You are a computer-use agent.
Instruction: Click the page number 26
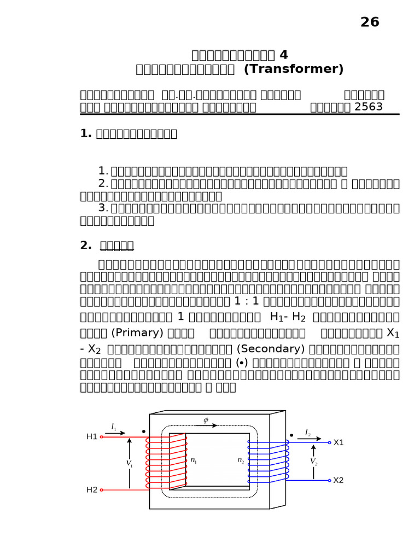[x=370, y=22]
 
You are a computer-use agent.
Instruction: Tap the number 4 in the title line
[x=283, y=55]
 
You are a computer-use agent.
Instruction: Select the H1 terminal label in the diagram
[x=91, y=436]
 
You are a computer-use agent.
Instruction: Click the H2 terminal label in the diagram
[x=91, y=489]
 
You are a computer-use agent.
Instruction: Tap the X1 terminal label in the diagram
[x=339, y=442]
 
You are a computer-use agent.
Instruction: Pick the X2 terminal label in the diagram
[x=339, y=480]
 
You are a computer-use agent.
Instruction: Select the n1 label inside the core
[x=194, y=461]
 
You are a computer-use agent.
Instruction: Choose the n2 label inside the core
[x=241, y=461]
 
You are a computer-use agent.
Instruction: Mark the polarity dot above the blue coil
[x=291, y=435]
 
